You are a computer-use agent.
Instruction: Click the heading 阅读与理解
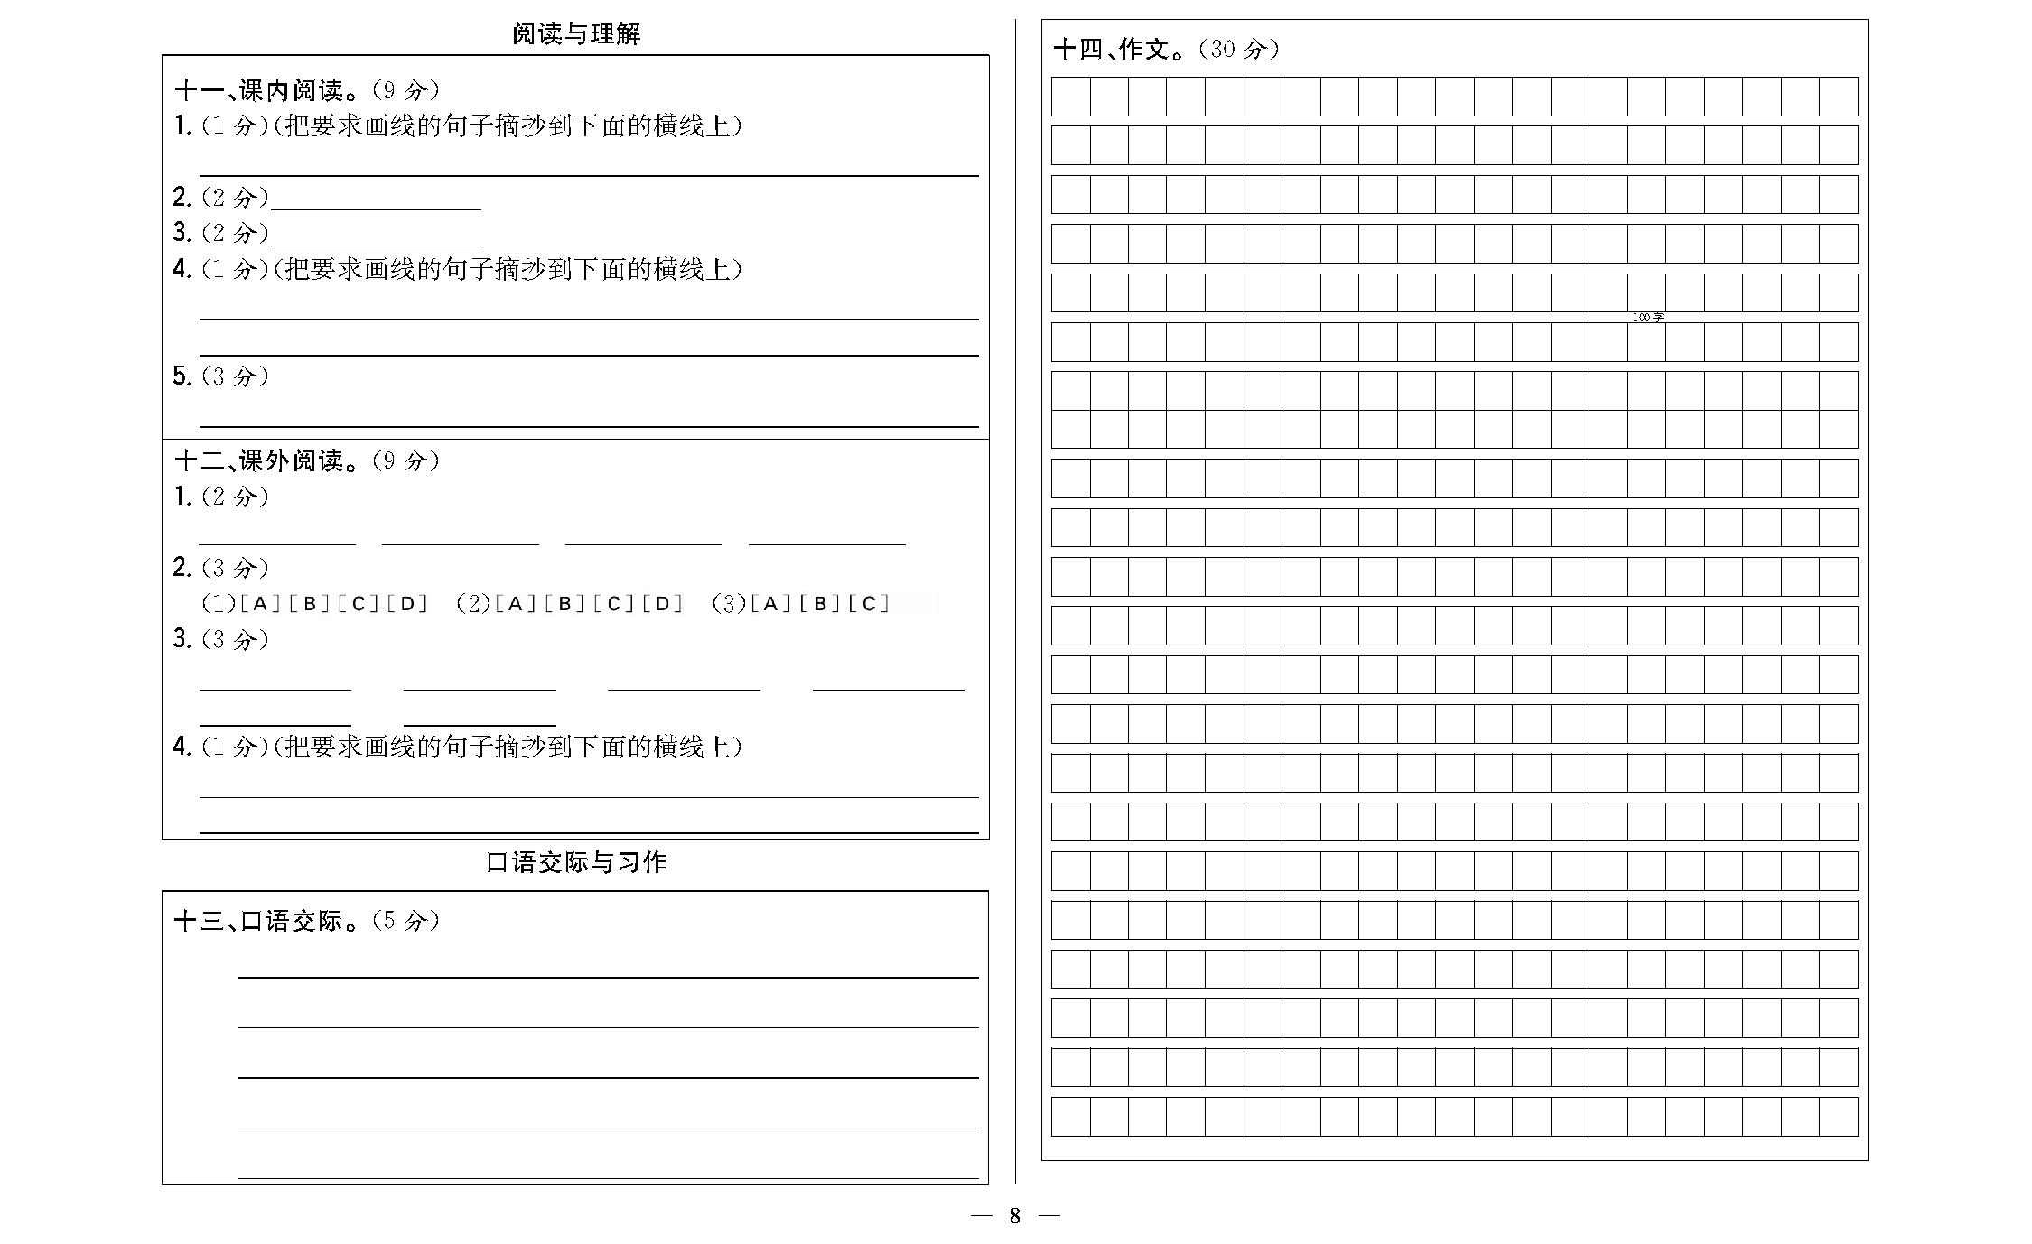click(x=576, y=34)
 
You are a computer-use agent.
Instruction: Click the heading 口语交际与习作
click(x=576, y=862)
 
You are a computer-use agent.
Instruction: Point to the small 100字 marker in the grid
click(x=1647, y=317)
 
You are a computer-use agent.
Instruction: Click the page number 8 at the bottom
click(x=1014, y=1216)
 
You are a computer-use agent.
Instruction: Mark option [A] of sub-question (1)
click(x=261, y=604)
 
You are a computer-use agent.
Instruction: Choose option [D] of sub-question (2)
click(x=663, y=604)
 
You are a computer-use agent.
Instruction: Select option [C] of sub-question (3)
click(x=869, y=604)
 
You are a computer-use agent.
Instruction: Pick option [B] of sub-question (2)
click(x=565, y=604)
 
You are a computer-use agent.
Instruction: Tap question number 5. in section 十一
click(x=182, y=376)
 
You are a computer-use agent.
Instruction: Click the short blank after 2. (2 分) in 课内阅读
click(x=376, y=200)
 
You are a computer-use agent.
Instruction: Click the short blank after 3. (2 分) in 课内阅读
click(x=376, y=237)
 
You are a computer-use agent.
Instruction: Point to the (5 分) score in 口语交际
click(x=405, y=921)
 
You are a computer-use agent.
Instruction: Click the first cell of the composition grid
click(x=1070, y=97)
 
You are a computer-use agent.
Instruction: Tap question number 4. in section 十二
click(x=182, y=747)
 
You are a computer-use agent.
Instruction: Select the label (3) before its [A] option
click(x=729, y=604)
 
